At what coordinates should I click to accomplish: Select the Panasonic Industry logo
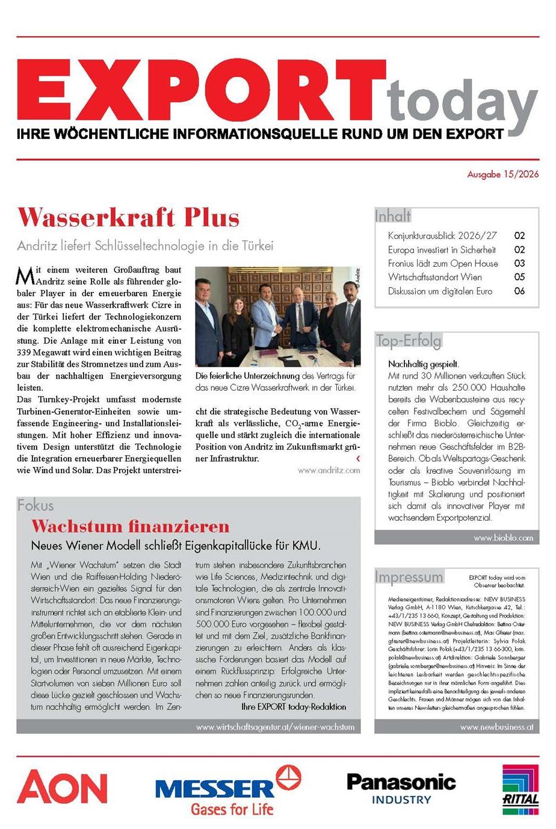click(x=401, y=789)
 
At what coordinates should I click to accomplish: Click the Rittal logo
click(x=520, y=789)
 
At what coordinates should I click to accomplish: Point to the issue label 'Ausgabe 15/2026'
click(x=503, y=175)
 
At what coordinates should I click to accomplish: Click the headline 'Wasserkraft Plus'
click(x=129, y=217)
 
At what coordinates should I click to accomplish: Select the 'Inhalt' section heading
click(x=393, y=216)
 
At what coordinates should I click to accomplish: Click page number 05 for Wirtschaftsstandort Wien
click(x=519, y=277)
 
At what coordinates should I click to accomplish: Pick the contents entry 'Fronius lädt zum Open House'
click(x=443, y=263)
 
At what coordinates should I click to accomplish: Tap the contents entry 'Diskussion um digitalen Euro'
click(x=440, y=291)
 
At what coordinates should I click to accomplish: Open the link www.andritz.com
click(x=329, y=470)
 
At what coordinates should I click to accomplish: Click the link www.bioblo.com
click(x=503, y=538)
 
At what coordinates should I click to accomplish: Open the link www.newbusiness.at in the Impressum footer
click(x=496, y=727)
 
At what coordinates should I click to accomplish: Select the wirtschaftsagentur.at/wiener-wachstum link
click(x=275, y=727)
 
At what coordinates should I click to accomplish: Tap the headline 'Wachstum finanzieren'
click(x=131, y=526)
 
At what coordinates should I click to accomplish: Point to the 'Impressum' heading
click(x=409, y=577)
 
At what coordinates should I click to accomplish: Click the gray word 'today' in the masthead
click(x=462, y=103)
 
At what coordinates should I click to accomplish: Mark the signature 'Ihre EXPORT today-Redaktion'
click(x=294, y=706)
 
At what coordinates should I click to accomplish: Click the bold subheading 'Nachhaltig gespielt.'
click(x=424, y=364)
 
